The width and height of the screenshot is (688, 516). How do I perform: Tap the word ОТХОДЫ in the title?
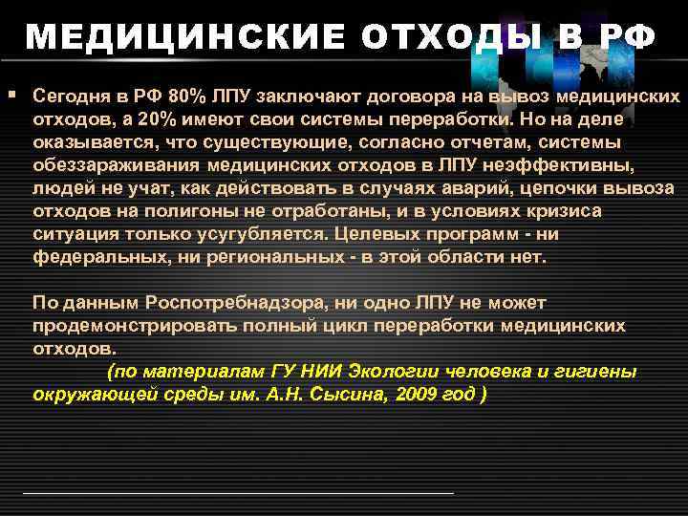pos(430,37)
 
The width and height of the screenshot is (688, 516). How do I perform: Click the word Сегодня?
pos(69,97)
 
